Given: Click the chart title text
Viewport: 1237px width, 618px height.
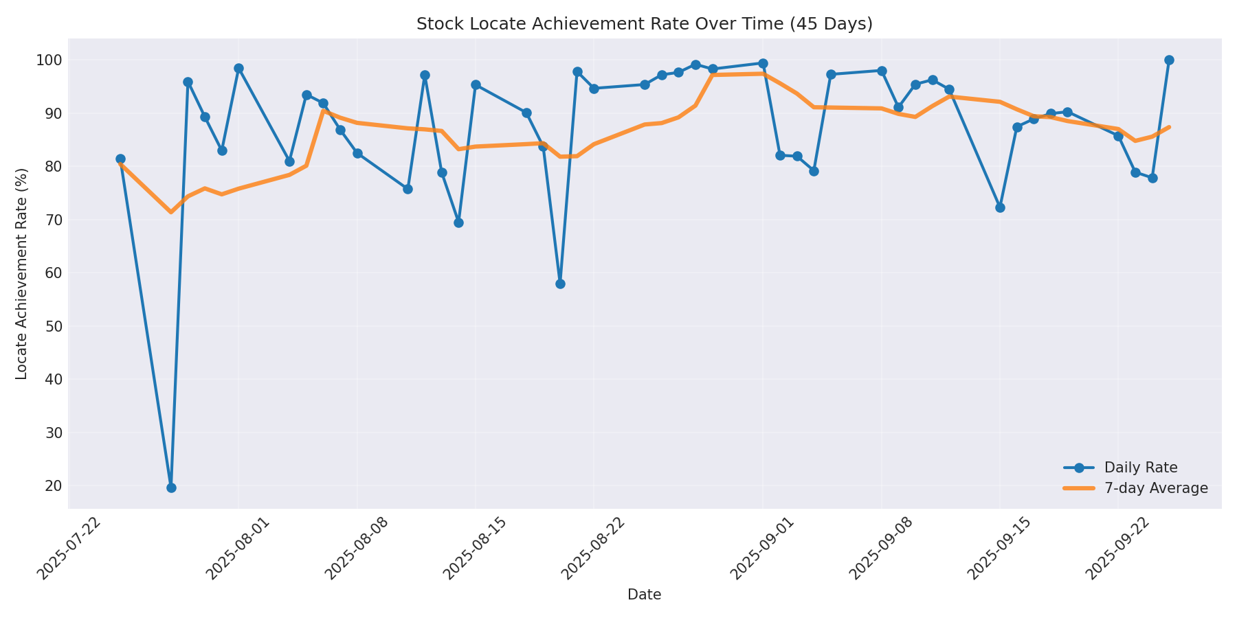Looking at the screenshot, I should (644, 24).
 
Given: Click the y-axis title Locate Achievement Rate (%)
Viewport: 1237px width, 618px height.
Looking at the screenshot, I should (22, 273).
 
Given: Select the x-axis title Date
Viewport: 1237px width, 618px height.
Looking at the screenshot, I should (644, 595).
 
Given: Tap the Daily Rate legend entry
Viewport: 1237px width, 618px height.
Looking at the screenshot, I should (1140, 468).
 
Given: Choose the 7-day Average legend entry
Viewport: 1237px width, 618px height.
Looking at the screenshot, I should (1156, 488).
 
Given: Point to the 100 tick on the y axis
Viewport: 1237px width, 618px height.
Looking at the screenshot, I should (49, 60).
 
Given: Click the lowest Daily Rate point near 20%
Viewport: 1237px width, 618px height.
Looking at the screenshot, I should (171, 488).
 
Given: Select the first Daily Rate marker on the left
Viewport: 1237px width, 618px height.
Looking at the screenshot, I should (120, 159).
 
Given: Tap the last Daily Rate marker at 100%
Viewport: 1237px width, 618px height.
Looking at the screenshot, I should (1169, 60).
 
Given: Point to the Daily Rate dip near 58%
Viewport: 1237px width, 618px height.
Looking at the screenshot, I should (560, 284).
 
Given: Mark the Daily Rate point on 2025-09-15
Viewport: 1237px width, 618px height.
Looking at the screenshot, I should (1000, 207).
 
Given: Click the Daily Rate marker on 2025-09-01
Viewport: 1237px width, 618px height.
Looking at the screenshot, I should (763, 63).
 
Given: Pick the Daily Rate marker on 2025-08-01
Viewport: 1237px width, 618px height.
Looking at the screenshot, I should (238, 68).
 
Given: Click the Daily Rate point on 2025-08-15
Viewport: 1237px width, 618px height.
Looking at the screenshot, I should (476, 84).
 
